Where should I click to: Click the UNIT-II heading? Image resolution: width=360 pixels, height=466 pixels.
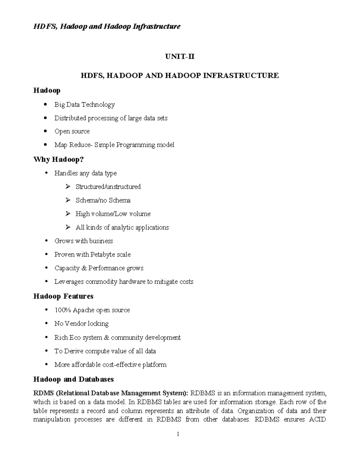pos(180,56)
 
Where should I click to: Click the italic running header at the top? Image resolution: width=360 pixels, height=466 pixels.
pos(107,27)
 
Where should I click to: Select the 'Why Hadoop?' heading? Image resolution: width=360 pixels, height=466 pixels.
pos(58,159)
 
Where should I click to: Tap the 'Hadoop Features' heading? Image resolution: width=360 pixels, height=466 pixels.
pos(63,296)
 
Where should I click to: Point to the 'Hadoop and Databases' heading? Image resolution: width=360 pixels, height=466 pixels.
pos(73,379)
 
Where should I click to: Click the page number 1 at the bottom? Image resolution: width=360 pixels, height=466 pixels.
pos(178,434)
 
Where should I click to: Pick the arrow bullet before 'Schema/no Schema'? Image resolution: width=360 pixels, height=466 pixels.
pos(68,200)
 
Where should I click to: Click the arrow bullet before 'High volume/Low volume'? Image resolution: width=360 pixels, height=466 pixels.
pos(68,214)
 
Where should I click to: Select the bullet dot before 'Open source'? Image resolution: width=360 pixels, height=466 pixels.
pos(46,131)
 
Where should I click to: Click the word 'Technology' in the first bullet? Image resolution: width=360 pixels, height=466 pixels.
pos(98,104)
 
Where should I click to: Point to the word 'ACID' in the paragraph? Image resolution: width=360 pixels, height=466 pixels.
pos(317,419)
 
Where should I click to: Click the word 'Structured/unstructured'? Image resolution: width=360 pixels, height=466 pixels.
pos(108,187)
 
